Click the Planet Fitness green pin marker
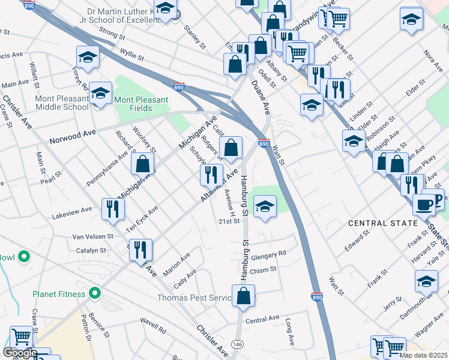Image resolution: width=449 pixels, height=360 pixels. point(94,293)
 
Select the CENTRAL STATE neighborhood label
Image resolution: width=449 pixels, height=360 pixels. point(383,223)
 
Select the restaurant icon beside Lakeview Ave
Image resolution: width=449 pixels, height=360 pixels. point(113,209)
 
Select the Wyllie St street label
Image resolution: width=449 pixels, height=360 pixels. point(131,55)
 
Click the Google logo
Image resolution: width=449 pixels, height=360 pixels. point(19,353)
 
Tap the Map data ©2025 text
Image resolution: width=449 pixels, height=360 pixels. point(423,355)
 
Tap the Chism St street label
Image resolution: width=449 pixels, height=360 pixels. point(264,270)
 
